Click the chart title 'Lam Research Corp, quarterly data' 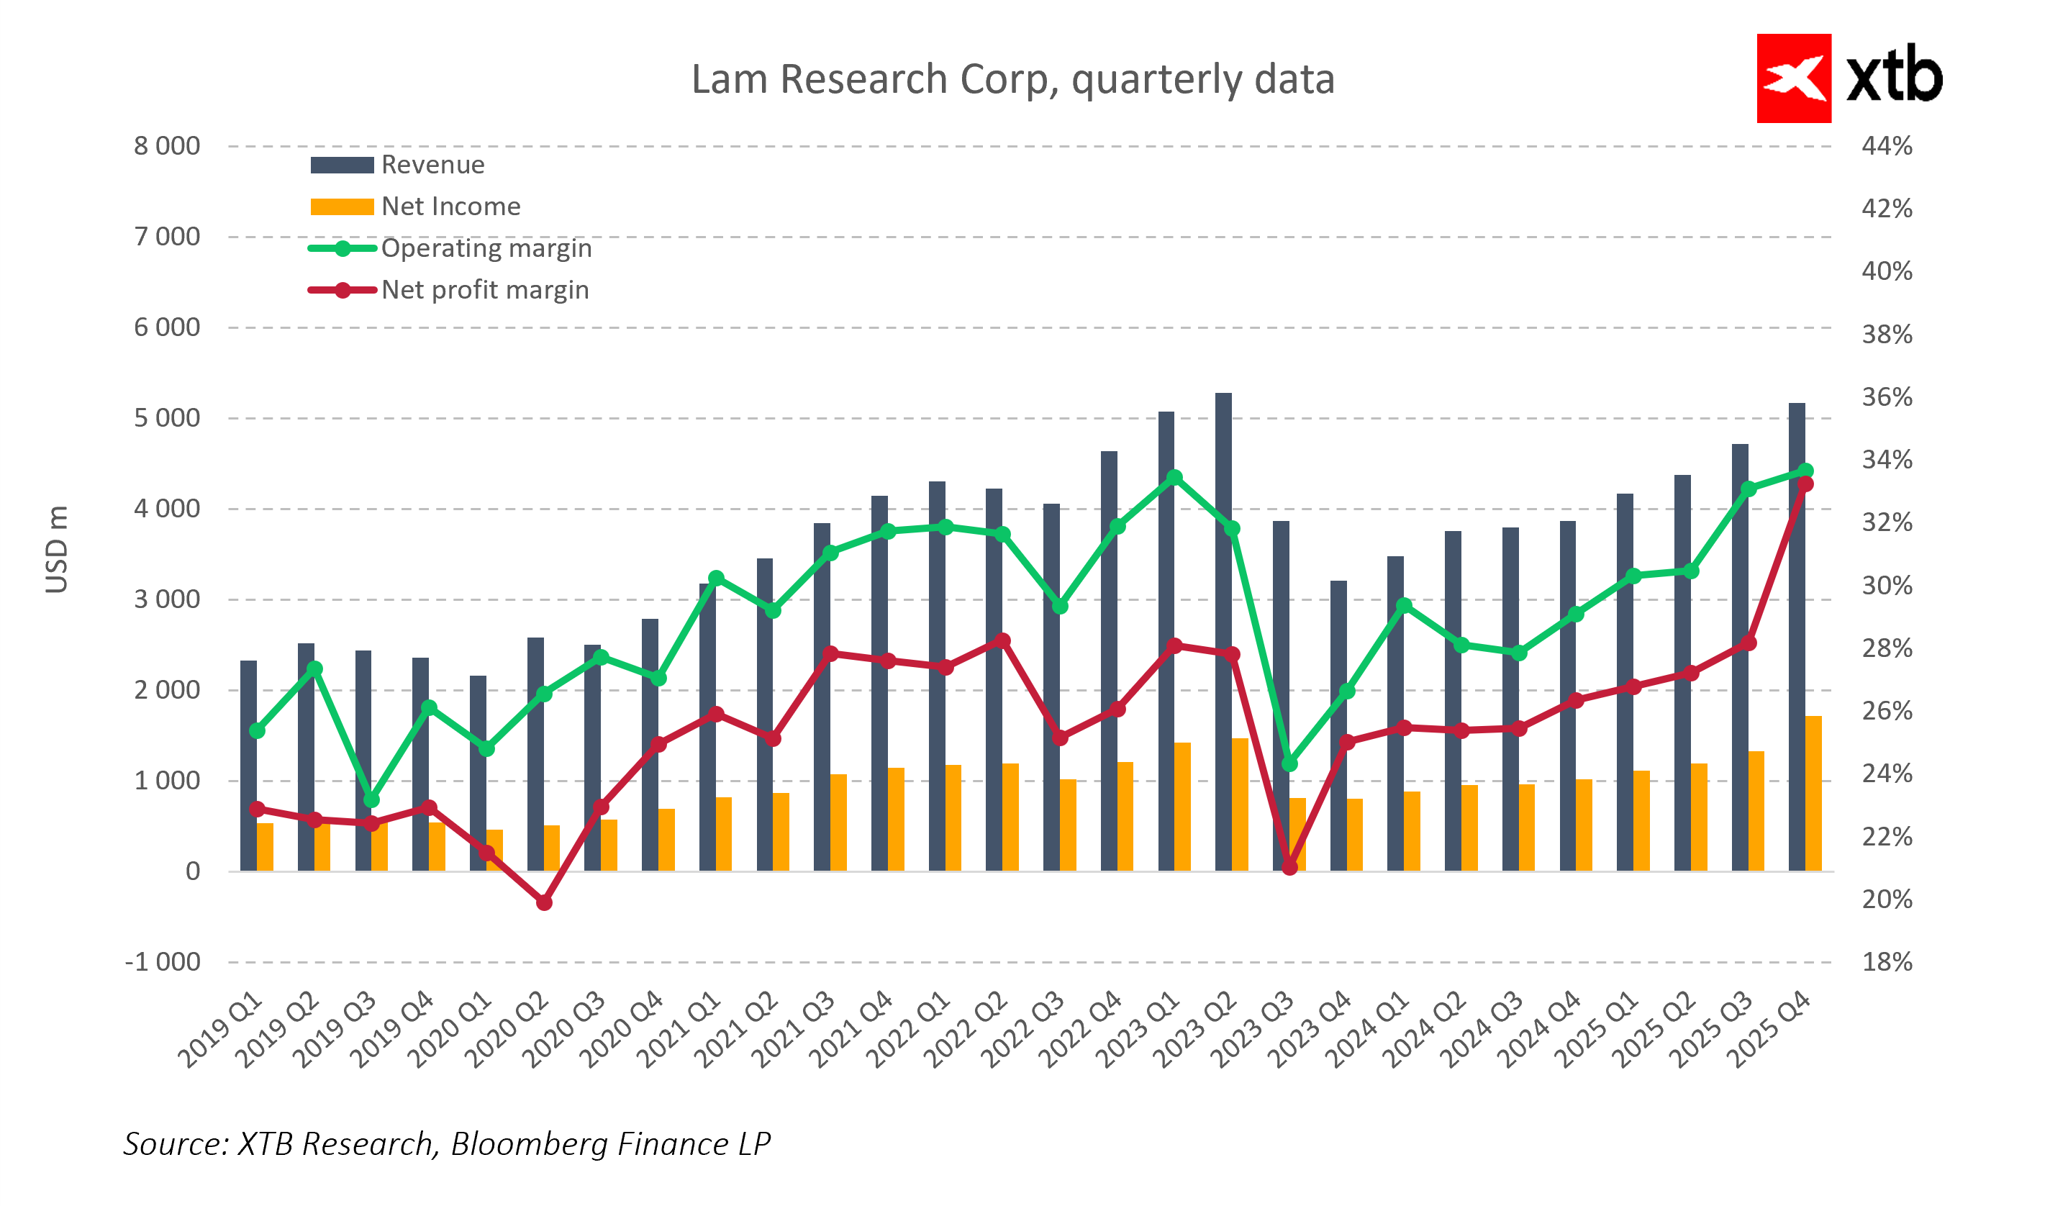click(1012, 80)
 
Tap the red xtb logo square click(1793, 78)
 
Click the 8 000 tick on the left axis click(167, 146)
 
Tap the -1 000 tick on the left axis click(162, 961)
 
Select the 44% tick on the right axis click(1887, 146)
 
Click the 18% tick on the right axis click(1887, 961)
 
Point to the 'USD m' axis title click(57, 549)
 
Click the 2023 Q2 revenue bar click(1223, 632)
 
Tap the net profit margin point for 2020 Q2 click(544, 902)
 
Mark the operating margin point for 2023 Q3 click(1289, 763)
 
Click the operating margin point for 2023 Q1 click(1174, 478)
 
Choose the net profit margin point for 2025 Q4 click(1805, 485)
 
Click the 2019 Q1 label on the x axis click(220, 1030)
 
